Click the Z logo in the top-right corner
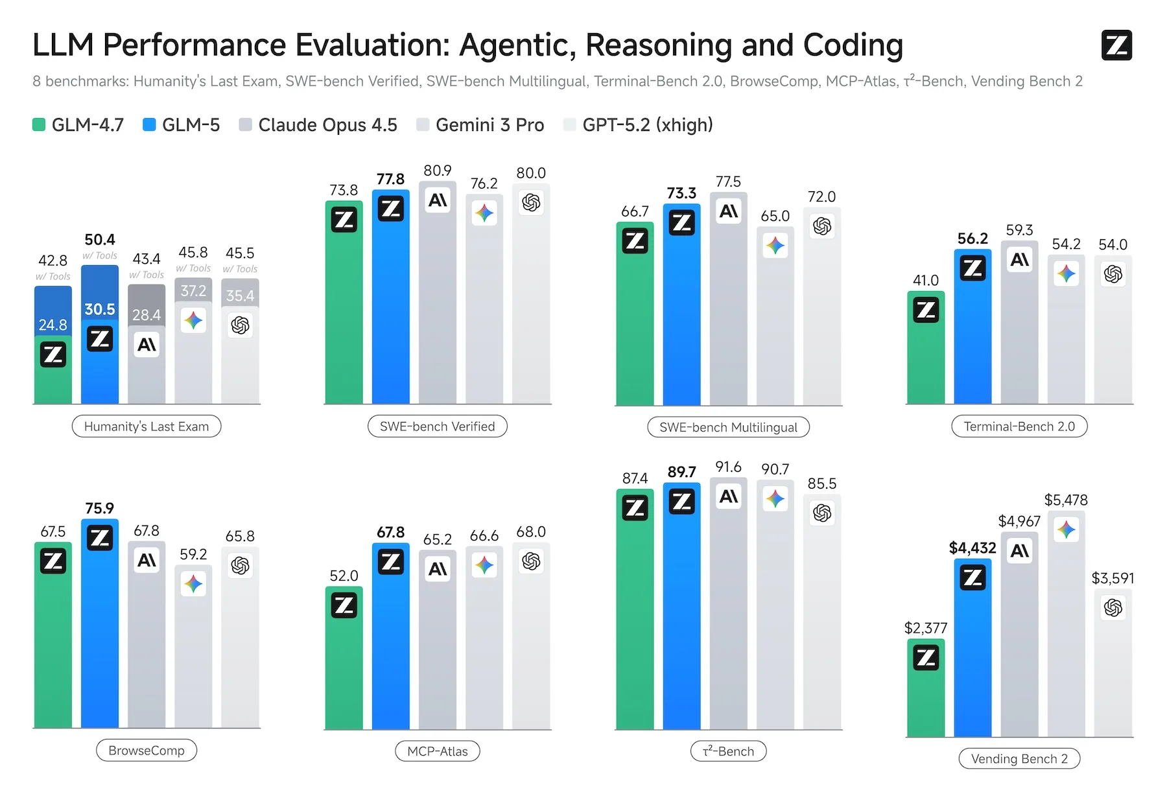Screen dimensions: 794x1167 tap(1116, 45)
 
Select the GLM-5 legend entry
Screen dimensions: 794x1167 tap(182, 125)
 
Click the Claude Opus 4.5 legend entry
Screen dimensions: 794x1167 tap(318, 125)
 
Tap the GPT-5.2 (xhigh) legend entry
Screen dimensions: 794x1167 tap(639, 125)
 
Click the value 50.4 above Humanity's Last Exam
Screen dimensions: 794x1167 tap(100, 240)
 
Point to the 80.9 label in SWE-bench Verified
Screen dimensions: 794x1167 tap(438, 171)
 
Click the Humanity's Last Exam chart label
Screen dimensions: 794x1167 tap(147, 426)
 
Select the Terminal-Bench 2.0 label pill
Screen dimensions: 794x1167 tap(1019, 426)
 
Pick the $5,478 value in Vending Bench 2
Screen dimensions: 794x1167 tap(1066, 500)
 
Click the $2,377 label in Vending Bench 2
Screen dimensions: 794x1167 tap(926, 628)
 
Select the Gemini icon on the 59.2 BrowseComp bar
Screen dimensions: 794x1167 tap(193, 584)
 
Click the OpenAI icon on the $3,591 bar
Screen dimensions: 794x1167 tap(1113, 608)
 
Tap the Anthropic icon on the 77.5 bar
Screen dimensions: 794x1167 tap(729, 211)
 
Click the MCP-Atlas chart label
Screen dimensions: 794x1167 tap(438, 751)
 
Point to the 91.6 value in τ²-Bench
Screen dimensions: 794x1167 tap(729, 467)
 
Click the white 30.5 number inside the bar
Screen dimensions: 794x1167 tap(100, 310)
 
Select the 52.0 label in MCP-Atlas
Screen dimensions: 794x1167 tap(344, 576)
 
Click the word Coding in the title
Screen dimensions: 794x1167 tap(853, 45)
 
